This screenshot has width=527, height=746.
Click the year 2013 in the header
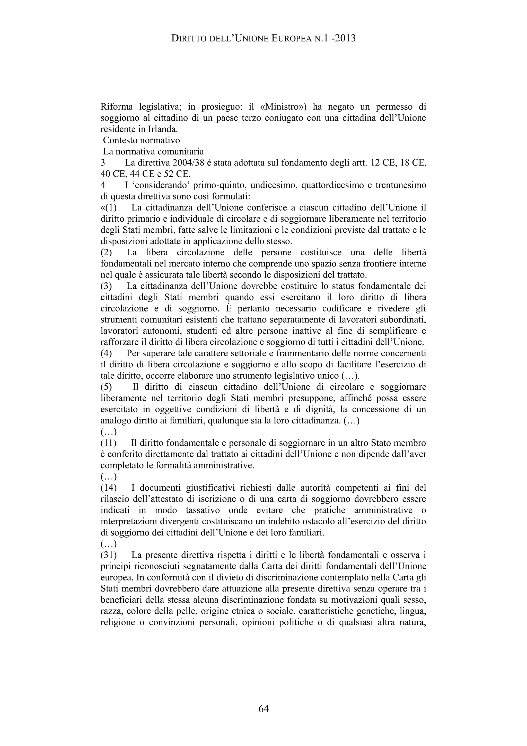tap(345, 38)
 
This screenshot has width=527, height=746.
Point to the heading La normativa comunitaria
tap(153, 151)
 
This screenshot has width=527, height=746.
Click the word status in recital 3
tap(346, 286)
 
